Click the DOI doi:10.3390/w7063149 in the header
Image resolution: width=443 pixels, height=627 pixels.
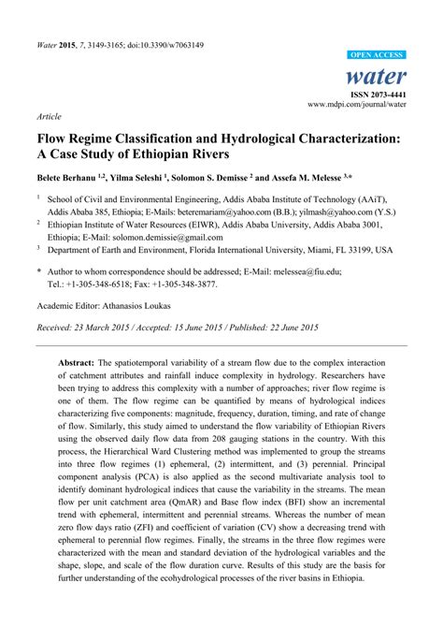[170, 43]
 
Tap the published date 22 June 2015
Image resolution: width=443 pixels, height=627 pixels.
[287, 328]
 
